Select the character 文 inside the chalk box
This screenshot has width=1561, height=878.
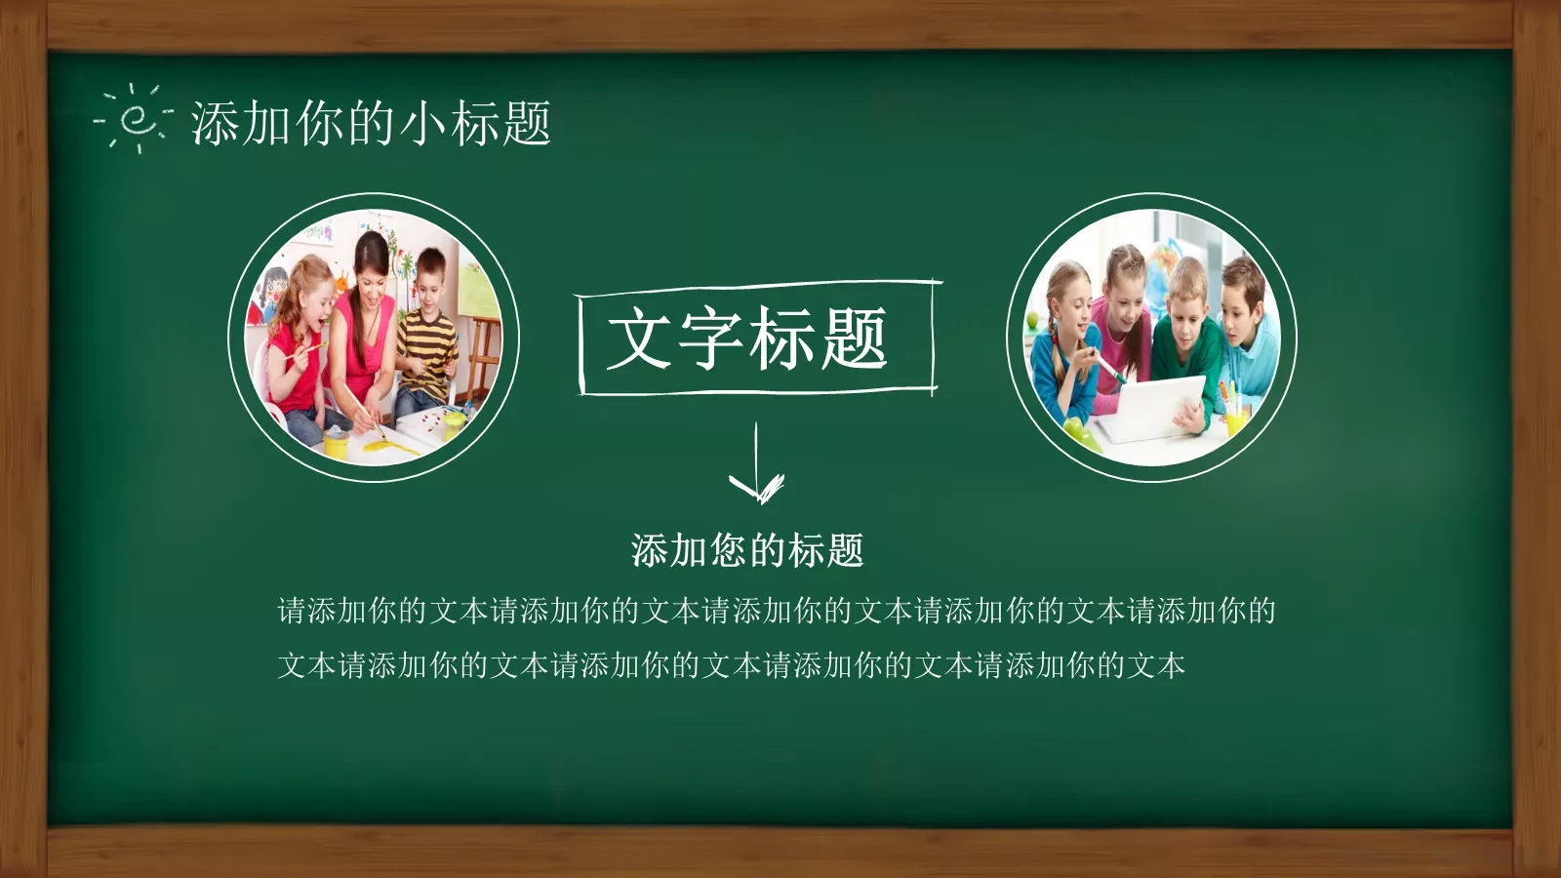click(640, 339)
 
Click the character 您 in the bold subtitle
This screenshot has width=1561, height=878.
click(728, 551)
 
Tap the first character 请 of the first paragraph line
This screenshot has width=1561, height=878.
click(293, 612)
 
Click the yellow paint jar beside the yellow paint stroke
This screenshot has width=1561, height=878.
click(337, 444)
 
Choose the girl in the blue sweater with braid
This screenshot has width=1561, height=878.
click(1065, 341)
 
